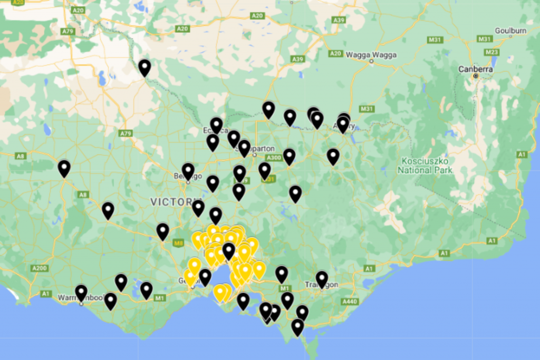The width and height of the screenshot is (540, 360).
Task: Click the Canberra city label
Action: [476, 69]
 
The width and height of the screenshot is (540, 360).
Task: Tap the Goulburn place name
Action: [510, 31]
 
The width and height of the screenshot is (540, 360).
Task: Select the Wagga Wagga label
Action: [371, 54]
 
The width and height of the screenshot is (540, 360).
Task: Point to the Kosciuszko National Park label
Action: [425, 166]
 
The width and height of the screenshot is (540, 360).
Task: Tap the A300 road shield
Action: [274, 157]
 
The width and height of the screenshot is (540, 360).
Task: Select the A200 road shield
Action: [39, 268]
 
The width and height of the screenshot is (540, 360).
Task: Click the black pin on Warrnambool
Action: [81, 292]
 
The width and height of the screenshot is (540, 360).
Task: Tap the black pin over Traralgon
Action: [322, 278]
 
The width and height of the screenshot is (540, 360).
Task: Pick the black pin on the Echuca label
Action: [216, 125]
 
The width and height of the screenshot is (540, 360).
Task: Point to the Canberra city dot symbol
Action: [476, 76]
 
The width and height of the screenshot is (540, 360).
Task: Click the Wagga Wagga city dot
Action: [371, 61]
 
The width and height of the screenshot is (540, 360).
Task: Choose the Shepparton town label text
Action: [259, 149]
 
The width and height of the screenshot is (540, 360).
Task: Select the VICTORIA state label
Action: [171, 202]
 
